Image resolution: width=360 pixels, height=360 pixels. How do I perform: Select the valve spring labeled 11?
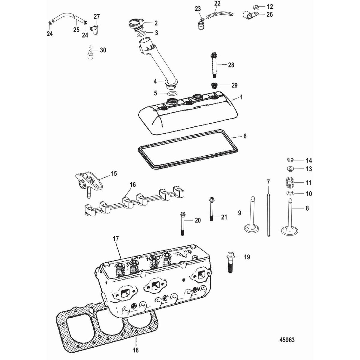tap(289, 182)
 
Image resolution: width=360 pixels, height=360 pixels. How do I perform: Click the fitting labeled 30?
tap(89, 52)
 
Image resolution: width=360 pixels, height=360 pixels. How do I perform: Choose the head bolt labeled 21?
tap(211, 209)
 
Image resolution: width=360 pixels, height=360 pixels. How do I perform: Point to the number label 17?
tap(115, 239)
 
